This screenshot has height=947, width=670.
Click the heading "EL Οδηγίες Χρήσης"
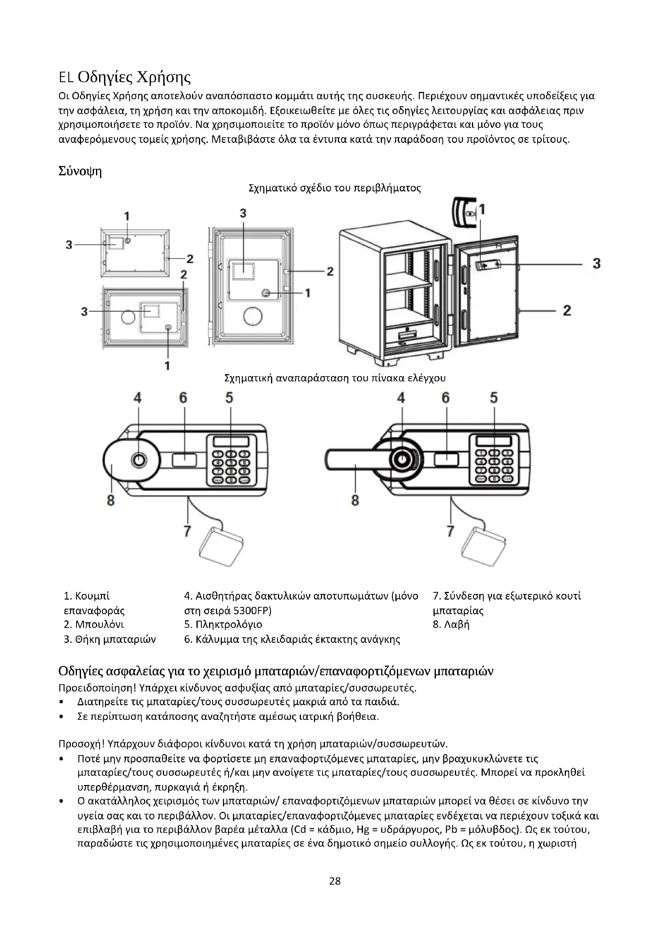pos(125,77)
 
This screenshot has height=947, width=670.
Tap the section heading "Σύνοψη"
pos(80,171)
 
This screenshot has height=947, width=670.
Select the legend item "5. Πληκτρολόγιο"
pos(223,624)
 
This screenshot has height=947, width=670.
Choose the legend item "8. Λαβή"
pos(451,624)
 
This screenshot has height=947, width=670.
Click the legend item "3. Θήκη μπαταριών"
pos(110,639)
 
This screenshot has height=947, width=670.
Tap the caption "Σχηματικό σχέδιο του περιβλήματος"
pos(335,188)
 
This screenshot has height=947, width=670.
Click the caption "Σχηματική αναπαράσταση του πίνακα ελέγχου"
pos(335,378)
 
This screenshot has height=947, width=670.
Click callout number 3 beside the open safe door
pos(597,263)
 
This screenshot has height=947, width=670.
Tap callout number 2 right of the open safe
pos(567,310)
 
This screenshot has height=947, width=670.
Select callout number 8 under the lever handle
pos(355,500)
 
